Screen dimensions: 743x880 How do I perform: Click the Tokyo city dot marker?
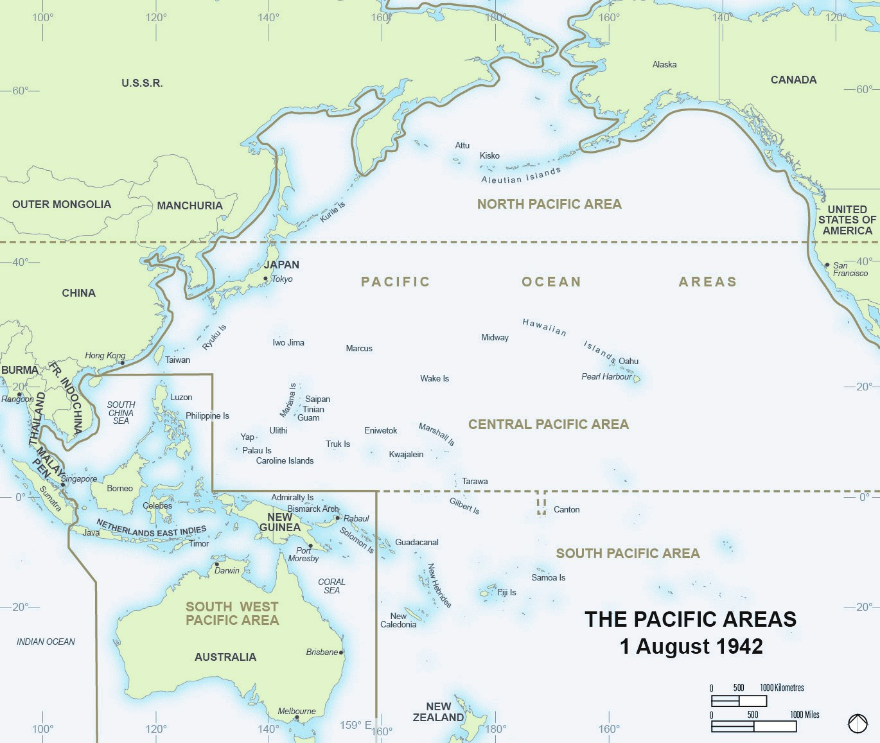266,279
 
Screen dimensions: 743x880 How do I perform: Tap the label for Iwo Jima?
288,342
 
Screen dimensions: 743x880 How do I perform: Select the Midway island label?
495,337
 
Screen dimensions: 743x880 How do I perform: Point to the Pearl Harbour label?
606,376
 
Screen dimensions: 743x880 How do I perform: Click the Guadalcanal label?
416,542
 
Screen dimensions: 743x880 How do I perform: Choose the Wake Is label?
434,378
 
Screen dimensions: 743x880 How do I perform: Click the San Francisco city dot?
827,265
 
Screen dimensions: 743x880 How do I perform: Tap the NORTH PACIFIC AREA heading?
549,204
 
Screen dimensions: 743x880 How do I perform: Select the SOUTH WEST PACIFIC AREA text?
232,613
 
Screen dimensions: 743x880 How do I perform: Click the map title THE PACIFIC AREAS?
691,619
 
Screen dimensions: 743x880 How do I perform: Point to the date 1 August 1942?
691,646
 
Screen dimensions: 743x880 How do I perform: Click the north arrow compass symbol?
858,724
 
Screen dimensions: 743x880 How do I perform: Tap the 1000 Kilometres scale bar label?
782,688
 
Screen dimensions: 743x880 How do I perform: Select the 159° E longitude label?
355,725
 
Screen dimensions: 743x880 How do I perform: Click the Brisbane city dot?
342,652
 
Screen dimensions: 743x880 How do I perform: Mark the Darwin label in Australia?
227,570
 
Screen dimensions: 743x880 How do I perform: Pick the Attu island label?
462,145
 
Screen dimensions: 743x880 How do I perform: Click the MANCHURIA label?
189,205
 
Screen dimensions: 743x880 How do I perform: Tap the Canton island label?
567,509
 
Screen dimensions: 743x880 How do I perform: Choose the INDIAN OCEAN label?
46,642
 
